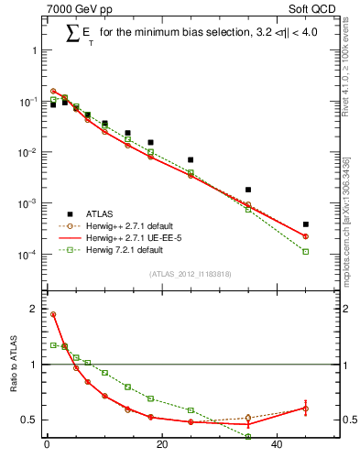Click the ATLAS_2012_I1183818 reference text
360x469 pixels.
coord(191,274)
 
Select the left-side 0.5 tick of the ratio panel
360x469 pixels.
coord(30,420)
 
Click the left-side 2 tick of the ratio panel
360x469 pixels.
coord(33,309)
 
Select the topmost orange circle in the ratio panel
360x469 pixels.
coord(53,314)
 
